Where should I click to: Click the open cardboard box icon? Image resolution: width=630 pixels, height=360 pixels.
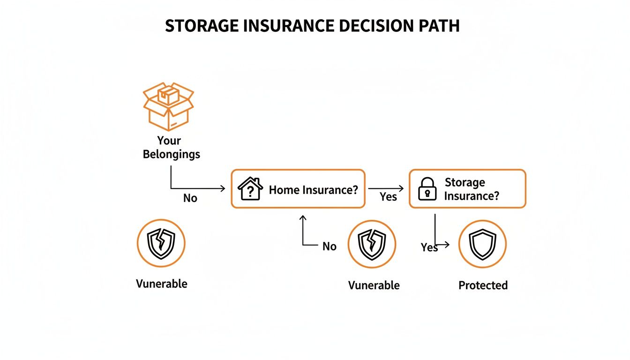168,106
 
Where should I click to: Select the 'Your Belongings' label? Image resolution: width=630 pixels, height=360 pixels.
171,147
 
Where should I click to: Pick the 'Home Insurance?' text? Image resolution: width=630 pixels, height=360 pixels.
314,190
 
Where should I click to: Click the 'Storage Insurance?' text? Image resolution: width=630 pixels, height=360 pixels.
471,189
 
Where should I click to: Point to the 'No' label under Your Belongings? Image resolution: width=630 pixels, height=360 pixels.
190,198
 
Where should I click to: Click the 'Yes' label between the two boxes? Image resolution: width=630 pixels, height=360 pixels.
388,197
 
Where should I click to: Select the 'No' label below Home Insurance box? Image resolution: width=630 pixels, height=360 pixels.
330,247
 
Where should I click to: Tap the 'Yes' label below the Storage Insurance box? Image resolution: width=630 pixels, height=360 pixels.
429,247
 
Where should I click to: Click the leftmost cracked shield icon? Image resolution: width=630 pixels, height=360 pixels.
161,243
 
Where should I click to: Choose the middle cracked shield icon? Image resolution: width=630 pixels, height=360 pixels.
372,244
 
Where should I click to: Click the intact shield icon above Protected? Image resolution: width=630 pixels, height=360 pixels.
482,244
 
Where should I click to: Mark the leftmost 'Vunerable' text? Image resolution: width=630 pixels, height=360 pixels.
161,284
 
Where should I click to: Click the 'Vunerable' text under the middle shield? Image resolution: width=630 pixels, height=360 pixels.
374,285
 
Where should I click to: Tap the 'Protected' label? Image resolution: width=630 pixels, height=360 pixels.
483,285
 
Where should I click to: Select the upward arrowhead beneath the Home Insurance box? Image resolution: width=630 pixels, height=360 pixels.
302,217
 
